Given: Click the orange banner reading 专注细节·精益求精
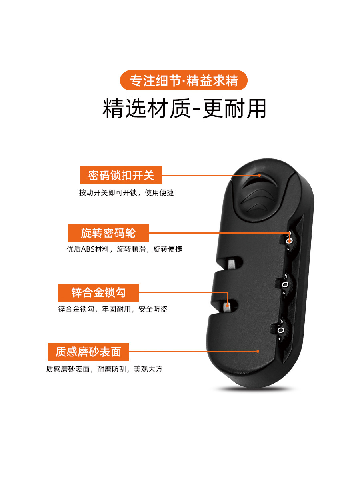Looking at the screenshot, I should [184, 80].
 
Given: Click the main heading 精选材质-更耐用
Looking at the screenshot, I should [184, 108].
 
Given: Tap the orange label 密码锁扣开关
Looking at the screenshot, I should [121, 175].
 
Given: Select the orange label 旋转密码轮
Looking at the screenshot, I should [108, 233].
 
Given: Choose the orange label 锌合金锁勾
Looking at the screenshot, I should [98, 292].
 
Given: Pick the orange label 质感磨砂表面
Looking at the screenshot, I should [88, 352].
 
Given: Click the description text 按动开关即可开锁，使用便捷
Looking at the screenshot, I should [126, 193].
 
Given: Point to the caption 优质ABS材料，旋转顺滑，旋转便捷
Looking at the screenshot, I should [124, 249].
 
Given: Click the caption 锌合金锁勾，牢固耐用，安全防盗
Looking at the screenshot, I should [113, 309].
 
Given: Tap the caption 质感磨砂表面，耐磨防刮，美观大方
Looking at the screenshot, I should [104, 369].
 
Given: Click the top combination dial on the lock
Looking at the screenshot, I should [291, 241].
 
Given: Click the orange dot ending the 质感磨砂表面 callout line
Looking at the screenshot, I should [258, 351].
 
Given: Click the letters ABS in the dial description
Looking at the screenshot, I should [87, 249].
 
